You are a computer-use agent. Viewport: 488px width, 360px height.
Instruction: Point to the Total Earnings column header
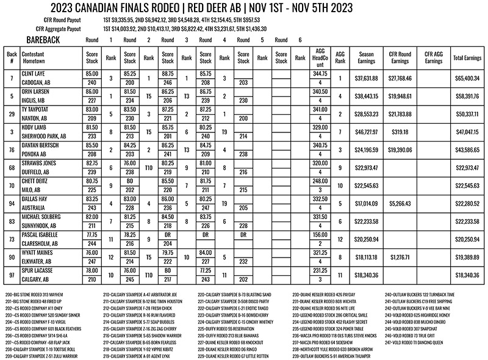467,56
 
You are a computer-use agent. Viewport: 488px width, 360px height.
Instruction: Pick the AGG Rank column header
340,56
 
